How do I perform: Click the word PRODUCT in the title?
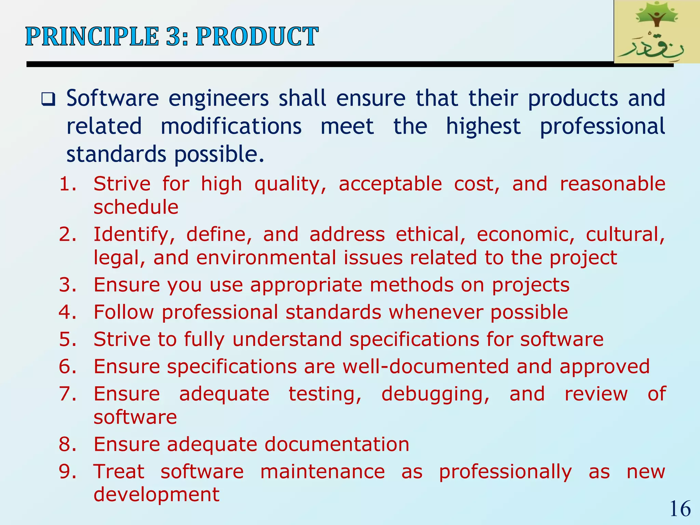point(257,37)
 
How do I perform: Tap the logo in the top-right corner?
point(656,32)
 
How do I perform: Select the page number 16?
point(680,509)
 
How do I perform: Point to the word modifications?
point(231,126)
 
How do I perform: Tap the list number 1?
point(67,184)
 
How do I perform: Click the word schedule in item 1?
point(136,207)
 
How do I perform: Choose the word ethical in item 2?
point(430,234)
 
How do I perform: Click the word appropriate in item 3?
point(306,285)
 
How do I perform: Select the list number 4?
point(67,312)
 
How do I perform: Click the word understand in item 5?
point(287,339)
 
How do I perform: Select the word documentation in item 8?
point(337,444)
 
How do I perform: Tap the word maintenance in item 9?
point(322,472)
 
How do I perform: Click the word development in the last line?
point(156,495)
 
